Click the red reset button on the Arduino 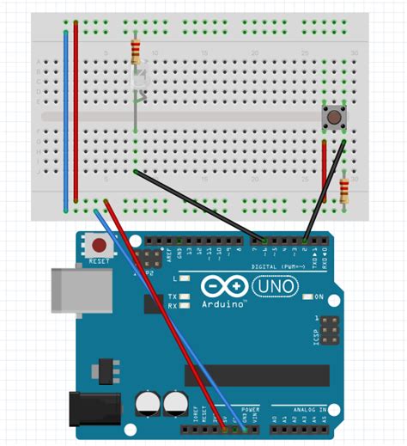point(99,247)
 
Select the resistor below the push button point(344,189)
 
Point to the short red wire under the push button point(324,168)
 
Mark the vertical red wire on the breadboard point(76,112)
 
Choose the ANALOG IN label point(310,411)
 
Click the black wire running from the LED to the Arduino point(197,203)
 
